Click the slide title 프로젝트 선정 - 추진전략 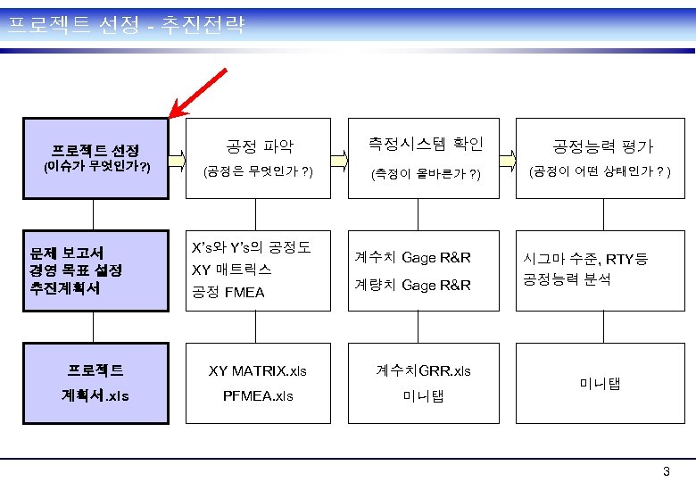tap(124, 24)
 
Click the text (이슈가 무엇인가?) tap(97, 167)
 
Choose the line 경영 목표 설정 tap(76, 270)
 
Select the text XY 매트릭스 tap(232, 269)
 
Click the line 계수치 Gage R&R tap(412, 258)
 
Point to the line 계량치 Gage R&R tap(412, 286)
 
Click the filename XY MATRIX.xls tap(257, 370)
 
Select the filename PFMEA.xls tap(257, 395)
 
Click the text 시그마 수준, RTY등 tap(584, 260)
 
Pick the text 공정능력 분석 tap(566, 280)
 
